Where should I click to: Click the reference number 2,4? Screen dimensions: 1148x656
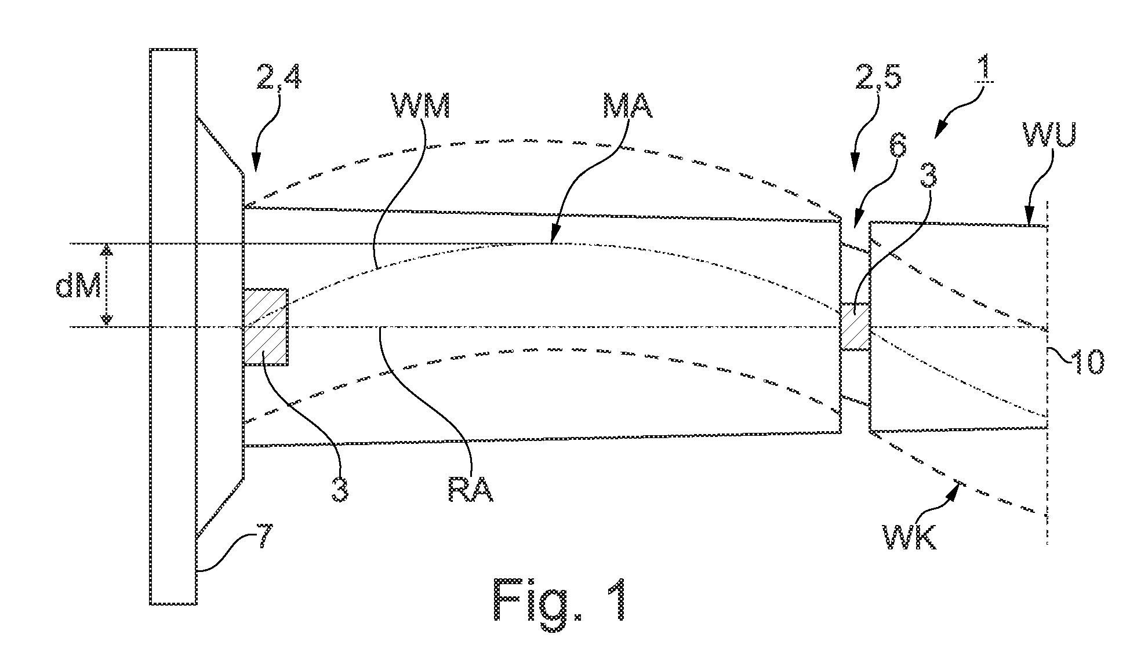pos(278,78)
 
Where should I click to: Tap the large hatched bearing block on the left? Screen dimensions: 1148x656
pos(266,327)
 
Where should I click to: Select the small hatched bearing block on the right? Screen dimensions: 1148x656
pos(855,326)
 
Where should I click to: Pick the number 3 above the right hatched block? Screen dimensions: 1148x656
pos(928,173)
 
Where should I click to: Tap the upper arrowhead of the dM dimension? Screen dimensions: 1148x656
pos(106,249)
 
